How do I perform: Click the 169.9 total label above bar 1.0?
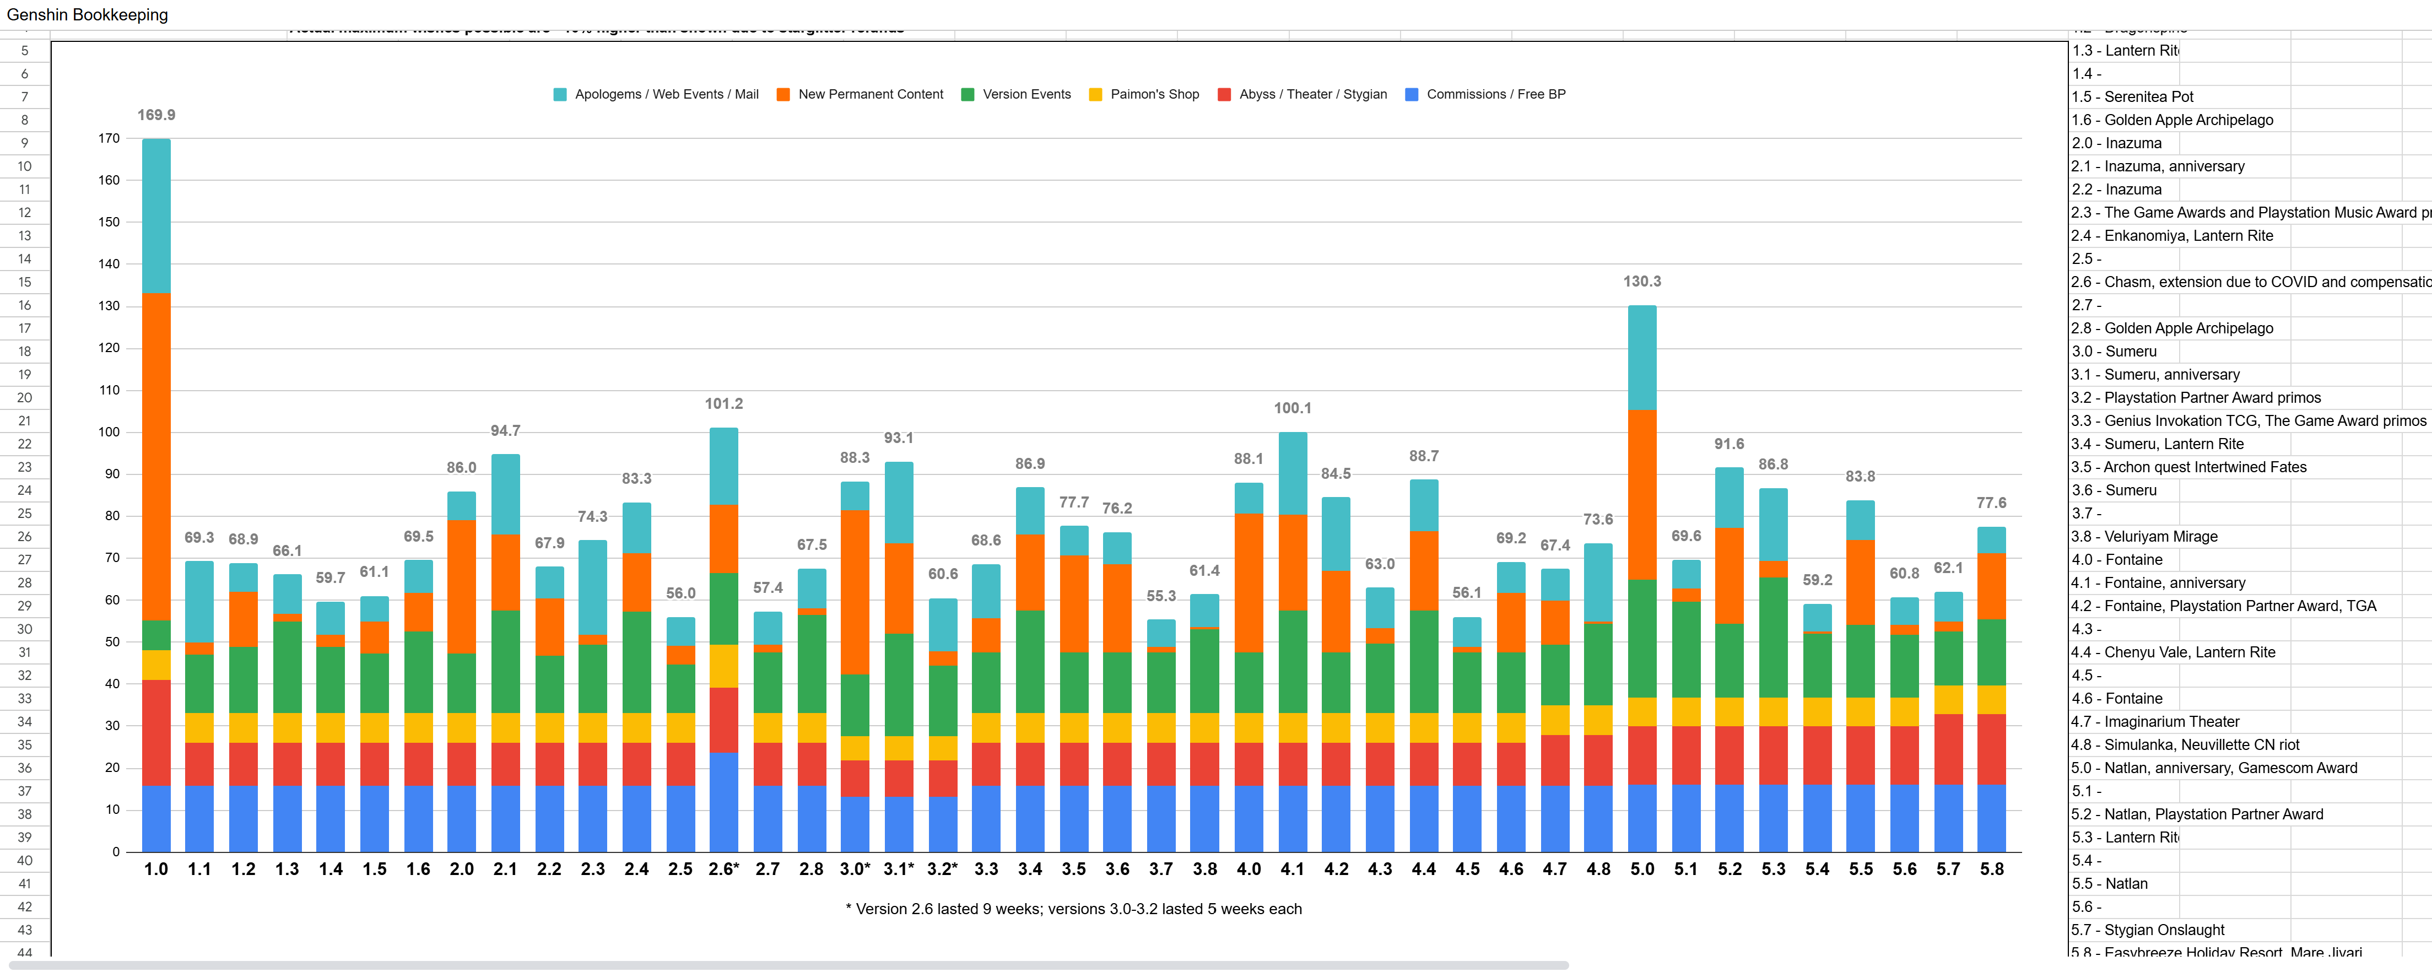click(x=156, y=115)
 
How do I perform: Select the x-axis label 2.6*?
click(x=723, y=869)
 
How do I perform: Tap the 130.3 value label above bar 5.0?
click(x=1642, y=282)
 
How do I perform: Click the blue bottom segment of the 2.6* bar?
click(x=723, y=803)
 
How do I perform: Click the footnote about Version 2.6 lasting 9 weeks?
click(x=1073, y=909)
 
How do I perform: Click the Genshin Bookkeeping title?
click(x=87, y=15)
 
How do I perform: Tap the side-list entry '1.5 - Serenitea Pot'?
click(x=2132, y=96)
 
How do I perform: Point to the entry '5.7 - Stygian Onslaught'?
click(x=2147, y=930)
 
